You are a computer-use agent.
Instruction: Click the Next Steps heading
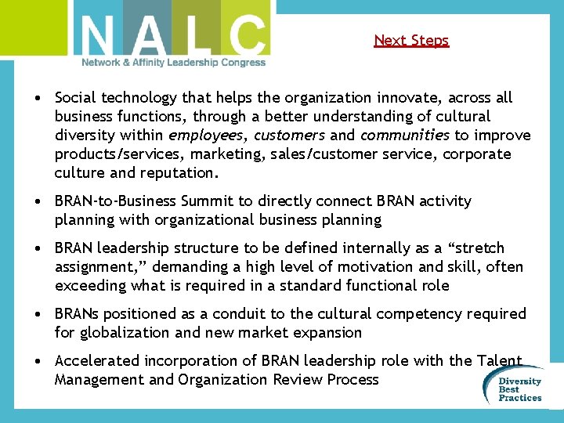411,40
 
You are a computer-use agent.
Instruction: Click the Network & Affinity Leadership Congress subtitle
174,63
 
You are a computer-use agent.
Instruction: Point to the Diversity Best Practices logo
519,388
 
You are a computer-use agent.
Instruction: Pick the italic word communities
405,136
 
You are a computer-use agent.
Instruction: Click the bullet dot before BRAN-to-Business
38,202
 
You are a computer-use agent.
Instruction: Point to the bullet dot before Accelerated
38,361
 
